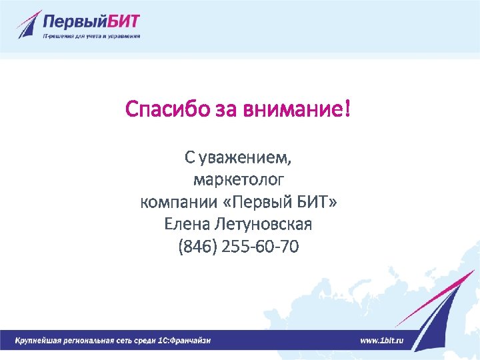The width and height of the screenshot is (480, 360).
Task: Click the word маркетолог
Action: (x=239, y=179)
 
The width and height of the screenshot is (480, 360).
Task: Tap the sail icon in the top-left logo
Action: (x=29, y=25)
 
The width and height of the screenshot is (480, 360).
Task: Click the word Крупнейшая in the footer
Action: (x=39, y=341)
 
